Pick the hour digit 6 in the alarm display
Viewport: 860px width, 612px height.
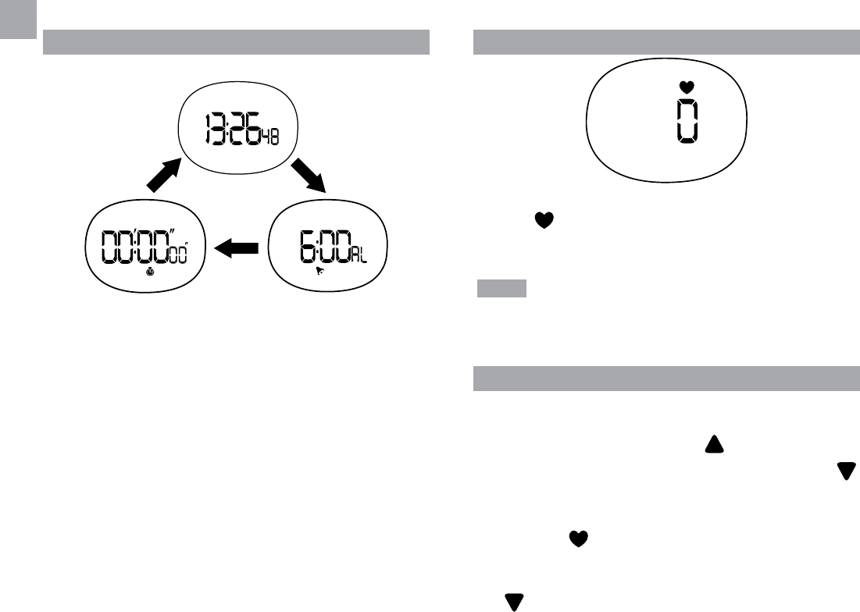(x=308, y=247)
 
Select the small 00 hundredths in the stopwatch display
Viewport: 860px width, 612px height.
(x=180, y=254)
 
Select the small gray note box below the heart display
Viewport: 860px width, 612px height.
(x=502, y=290)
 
